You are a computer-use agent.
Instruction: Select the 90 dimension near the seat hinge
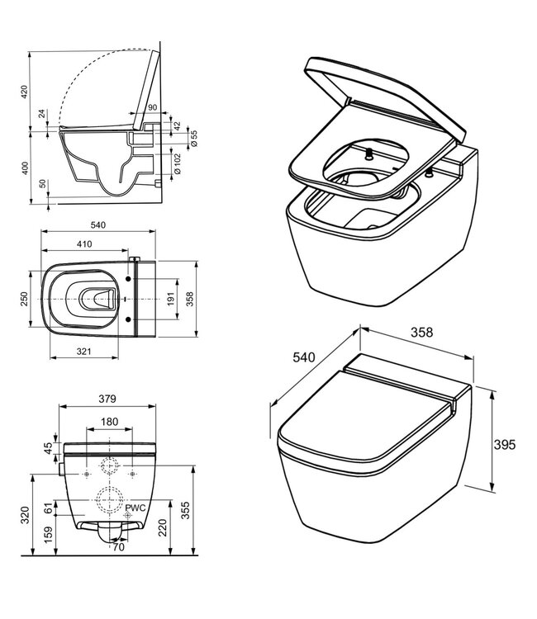(x=151, y=107)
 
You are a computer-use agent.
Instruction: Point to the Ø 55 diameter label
(x=194, y=138)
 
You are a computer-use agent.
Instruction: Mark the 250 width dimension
(x=24, y=296)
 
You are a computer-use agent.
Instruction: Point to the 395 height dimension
(x=505, y=444)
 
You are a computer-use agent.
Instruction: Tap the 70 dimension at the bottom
(x=119, y=546)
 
